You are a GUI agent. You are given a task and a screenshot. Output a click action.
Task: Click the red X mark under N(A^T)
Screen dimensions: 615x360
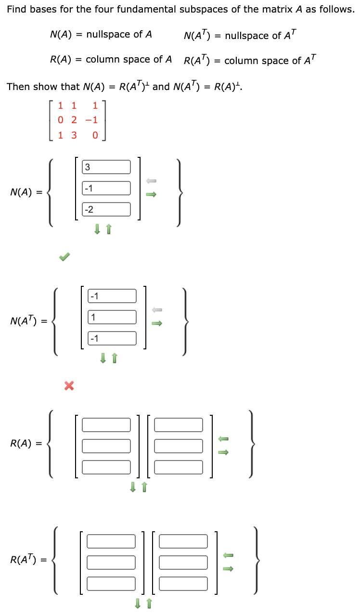pyautogui.click(x=69, y=385)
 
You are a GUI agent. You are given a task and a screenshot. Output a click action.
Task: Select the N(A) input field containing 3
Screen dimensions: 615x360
pyautogui.click(x=106, y=167)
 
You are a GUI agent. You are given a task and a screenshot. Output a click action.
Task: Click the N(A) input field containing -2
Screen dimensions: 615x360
pyautogui.click(x=106, y=209)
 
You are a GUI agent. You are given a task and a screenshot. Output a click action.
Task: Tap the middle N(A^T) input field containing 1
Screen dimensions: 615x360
pyautogui.click(x=112, y=317)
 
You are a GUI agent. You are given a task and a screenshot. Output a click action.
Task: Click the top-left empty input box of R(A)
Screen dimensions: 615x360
pyautogui.click(x=106, y=424)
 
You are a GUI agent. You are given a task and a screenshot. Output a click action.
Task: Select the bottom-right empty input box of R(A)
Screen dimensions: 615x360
pyautogui.click(x=179, y=467)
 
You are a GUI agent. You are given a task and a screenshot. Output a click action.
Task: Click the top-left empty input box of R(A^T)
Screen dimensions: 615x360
pyautogui.click(x=111, y=541)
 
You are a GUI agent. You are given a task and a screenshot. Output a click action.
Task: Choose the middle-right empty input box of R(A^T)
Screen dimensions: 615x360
pyautogui.click(x=183, y=562)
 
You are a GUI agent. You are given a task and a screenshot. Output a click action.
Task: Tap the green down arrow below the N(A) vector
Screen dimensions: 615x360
pyautogui.click(x=98, y=230)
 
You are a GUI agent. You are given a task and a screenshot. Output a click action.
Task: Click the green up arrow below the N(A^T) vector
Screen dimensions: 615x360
pyautogui.click(x=115, y=358)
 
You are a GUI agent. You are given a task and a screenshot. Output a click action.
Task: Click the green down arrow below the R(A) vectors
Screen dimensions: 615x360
pyautogui.click(x=133, y=488)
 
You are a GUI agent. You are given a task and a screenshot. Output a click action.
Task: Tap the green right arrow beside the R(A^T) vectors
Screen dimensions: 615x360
pyautogui.click(x=229, y=568)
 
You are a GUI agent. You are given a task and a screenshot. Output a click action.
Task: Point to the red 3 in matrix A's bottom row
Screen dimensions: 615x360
pyautogui.click(x=74, y=135)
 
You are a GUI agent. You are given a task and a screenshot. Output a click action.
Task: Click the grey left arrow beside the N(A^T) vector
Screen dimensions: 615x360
pyautogui.click(x=157, y=309)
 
